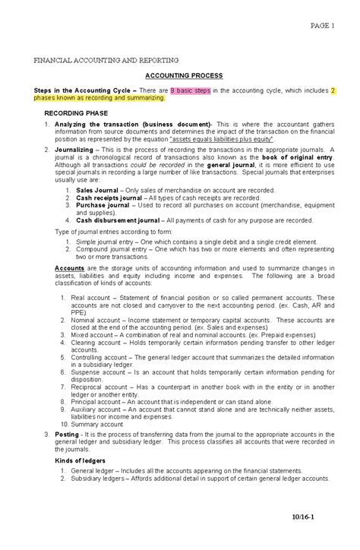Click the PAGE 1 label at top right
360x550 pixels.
click(x=323, y=25)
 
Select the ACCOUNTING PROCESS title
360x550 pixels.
click(x=184, y=75)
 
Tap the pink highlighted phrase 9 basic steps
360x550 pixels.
click(x=190, y=90)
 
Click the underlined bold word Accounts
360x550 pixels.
click(x=71, y=269)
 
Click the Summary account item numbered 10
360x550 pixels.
click(x=103, y=424)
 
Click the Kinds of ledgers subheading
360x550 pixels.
click(x=81, y=460)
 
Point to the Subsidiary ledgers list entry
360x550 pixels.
click(x=99, y=479)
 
